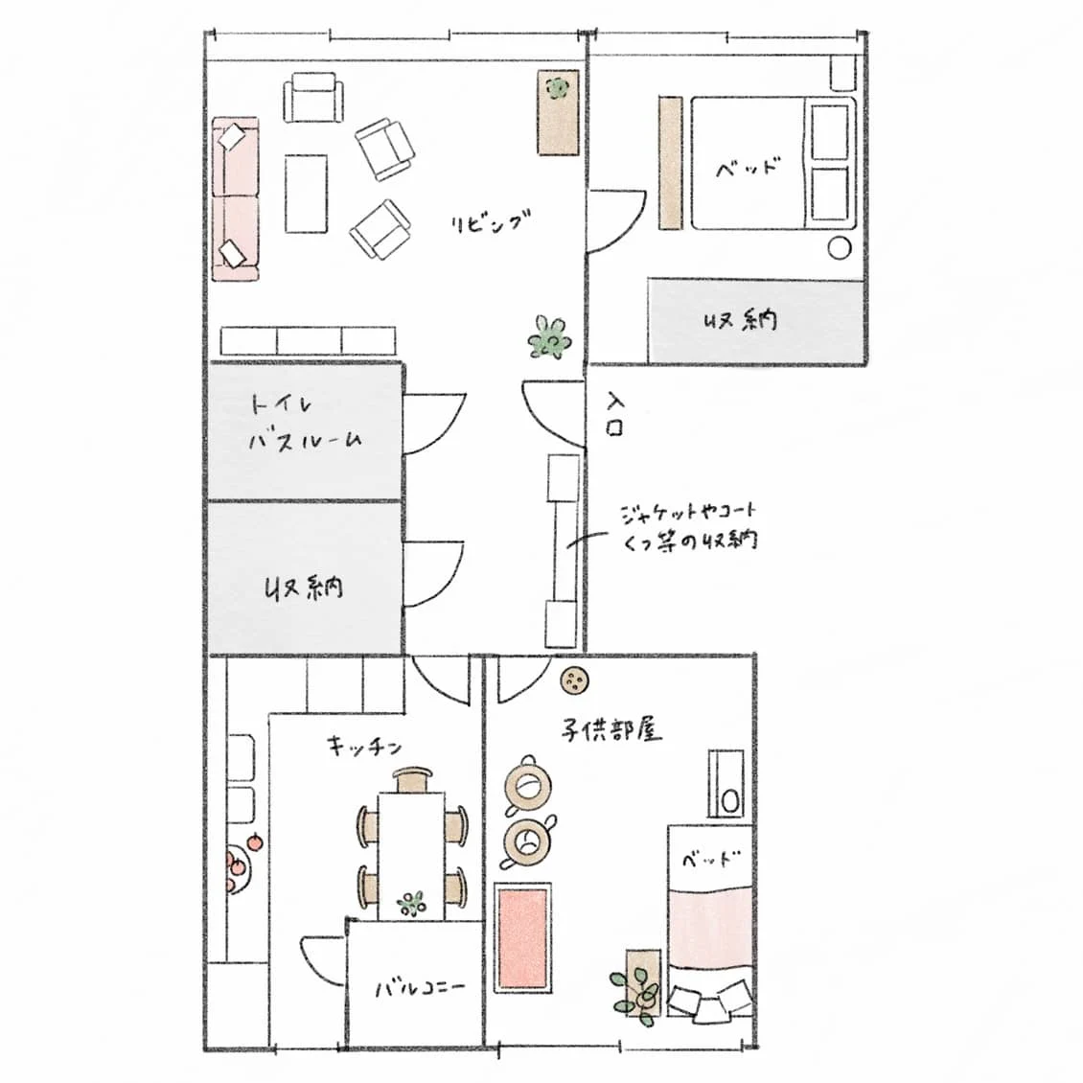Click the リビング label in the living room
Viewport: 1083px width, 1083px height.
(491, 221)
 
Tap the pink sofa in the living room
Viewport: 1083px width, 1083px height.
(236, 199)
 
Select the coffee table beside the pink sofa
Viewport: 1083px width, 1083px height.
(306, 194)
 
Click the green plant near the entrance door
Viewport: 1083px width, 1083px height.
(550, 337)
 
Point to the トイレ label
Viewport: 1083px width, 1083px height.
(281, 404)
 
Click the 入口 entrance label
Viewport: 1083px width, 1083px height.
(614, 414)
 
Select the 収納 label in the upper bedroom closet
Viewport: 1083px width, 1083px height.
(740, 320)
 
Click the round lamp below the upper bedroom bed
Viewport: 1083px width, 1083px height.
(840, 248)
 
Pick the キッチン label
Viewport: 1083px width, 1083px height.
(364, 746)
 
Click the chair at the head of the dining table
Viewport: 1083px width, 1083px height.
(413, 780)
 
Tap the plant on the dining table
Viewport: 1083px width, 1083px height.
(412, 903)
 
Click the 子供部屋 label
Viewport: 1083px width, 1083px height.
(611, 729)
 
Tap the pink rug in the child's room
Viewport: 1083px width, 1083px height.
(523, 937)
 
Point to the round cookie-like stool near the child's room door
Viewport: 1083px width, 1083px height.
(574, 681)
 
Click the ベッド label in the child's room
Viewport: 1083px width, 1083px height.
(711, 860)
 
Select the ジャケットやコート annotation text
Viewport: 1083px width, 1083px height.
(689, 513)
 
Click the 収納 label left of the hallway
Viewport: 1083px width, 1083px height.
(305, 588)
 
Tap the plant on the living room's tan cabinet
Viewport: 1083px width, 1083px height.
(557, 88)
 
